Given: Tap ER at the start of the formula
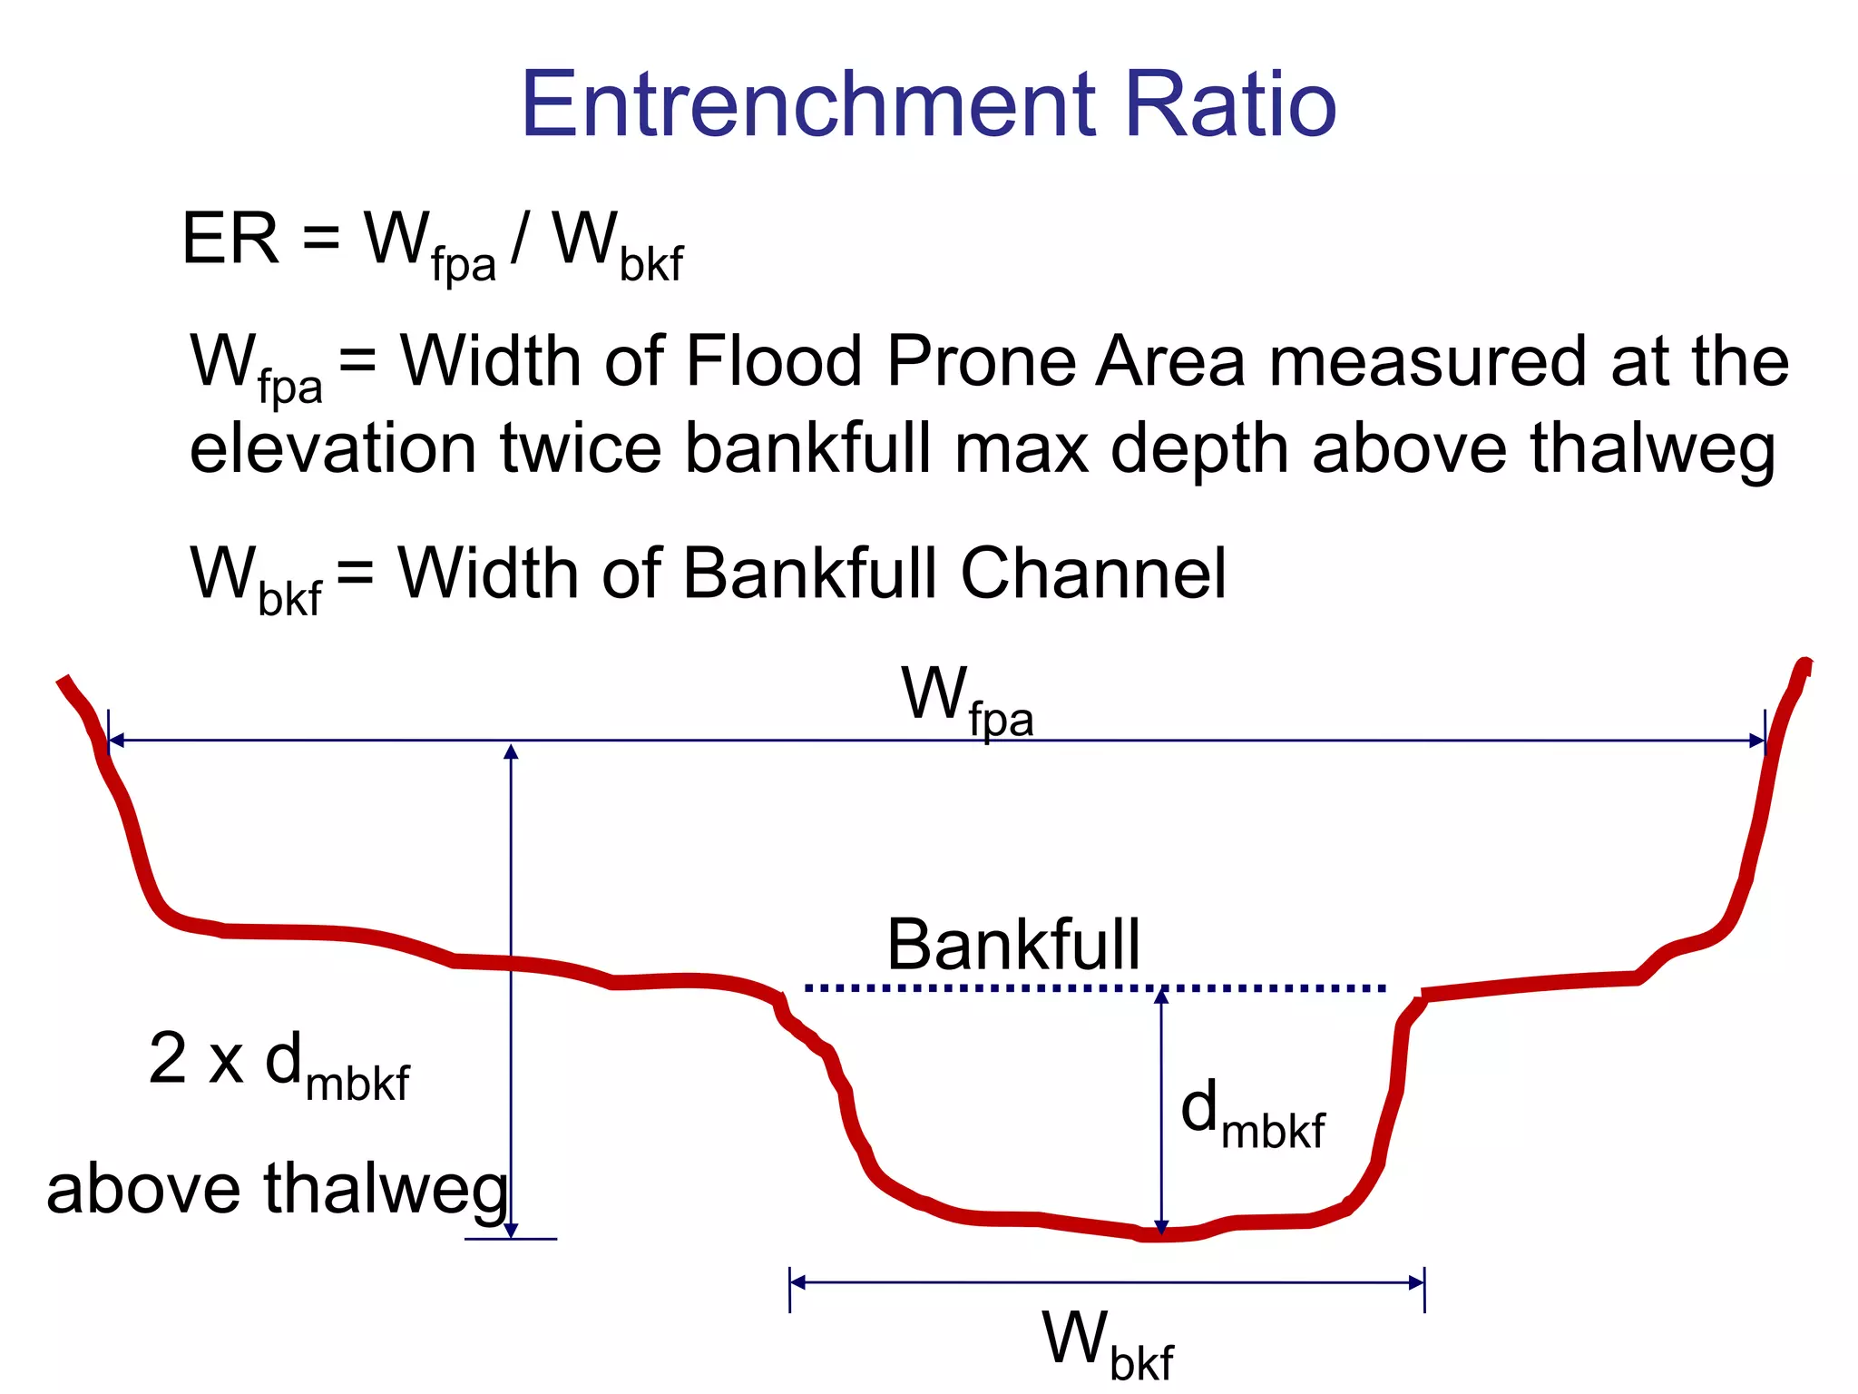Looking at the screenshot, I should click(x=230, y=239).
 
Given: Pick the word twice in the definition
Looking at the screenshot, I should click(x=581, y=449).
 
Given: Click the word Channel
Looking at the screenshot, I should click(x=1093, y=574).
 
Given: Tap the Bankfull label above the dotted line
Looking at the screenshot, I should click(x=1012, y=945).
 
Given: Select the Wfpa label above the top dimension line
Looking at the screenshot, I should click(x=966, y=701).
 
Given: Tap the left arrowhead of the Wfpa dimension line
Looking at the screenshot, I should click(x=116, y=741).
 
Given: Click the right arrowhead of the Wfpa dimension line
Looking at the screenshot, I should click(x=1757, y=741).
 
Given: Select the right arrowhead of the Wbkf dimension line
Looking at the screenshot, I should click(x=1416, y=1282).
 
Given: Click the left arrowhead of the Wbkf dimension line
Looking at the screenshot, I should click(x=797, y=1282).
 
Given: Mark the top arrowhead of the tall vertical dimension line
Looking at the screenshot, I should click(x=511, y=751).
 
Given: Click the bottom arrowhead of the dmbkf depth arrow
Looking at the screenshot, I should click(x=1161, y=1225).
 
